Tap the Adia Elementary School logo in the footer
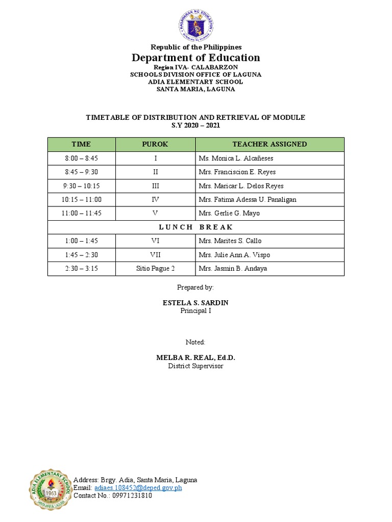pyautogui.click(x=50, y=490)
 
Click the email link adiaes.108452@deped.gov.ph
pyautogui.click(x=138, y=488)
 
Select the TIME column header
pyautogui.click(x=82, y=144)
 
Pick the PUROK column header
pyautogui.click(x=155, y=144)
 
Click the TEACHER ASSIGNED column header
pyautogui.click(x=269, y=144)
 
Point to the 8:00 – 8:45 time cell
pyautogui.click(x=82, y=159)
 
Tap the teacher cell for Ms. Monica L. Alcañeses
pyautogui.click(x=236, y=159)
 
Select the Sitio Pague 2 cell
pyautogui.click(x=155, y=269)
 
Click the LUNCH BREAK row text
pyautogui.click(x=196, y=227)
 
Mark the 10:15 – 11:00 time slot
pyautogui.click(x=82, y=200)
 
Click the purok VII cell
pyautogui.click(x=155, y=255)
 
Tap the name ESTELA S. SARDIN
pyautogui.click(x=195, y=303)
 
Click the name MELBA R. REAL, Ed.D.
pyautogui.click(x=195, y=358)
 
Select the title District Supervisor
pyautogui.click(x=195, y=366)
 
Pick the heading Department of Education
pyautogui.click(x=196, y=58)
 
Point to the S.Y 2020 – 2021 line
pyautogui.click(x=196, y=125)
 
